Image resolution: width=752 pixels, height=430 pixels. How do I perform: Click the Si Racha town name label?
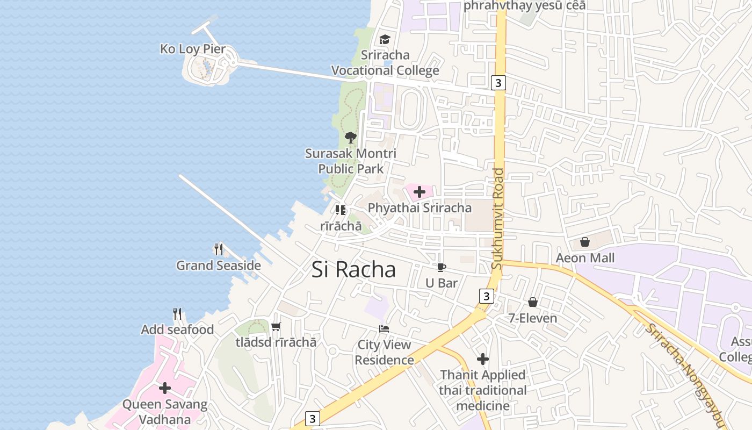point(353,269)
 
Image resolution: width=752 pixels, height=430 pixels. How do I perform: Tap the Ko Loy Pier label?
point(193,49)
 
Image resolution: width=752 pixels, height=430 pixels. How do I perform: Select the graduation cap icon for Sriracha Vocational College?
point(385,39)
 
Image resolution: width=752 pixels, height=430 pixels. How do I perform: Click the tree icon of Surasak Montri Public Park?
point(351,138)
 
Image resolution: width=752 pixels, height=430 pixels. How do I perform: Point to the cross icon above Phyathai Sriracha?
point(420,191)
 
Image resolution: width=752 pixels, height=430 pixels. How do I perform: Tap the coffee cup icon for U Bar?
point(441,267)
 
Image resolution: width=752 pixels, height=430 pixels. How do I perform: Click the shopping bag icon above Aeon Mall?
point(585,242)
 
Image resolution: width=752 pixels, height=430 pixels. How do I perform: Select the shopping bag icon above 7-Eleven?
point(533,302)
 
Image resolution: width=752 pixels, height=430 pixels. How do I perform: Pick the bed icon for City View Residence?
point(384,329)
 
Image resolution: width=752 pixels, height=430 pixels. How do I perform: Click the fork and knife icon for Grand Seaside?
point(219,249)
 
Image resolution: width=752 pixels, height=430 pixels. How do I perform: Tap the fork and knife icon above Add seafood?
point(177,314)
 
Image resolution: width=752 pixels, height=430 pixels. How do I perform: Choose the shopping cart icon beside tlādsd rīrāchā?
point(276,326)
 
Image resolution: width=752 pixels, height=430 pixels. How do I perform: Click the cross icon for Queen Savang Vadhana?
point(165,388)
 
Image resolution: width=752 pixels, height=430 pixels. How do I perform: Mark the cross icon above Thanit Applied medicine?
point(483,359)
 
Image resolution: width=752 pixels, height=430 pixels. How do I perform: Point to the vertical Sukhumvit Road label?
point(498,219)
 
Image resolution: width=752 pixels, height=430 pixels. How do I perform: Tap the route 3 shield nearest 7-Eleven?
point(486,296)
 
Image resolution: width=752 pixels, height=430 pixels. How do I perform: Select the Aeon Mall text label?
point(585,258)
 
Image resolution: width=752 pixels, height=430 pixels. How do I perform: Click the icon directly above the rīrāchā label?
point(341,210)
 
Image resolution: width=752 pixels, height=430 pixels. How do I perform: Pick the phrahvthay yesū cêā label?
point(524,5)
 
